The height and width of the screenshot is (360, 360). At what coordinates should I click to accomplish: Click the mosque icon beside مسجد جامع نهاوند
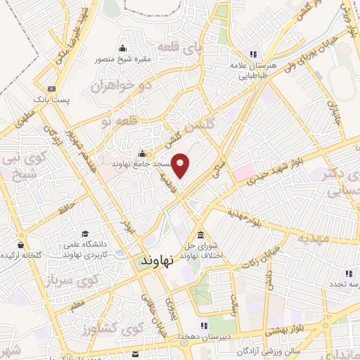click(142, 154)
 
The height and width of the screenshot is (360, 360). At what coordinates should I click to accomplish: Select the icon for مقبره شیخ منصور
click(124, 48)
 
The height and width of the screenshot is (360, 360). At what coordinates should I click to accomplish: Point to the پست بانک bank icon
click(51, 89)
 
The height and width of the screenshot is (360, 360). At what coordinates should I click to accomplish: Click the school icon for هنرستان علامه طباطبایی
click(252, 54)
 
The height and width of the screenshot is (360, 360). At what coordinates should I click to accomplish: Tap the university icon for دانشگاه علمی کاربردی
click(85, 234)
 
